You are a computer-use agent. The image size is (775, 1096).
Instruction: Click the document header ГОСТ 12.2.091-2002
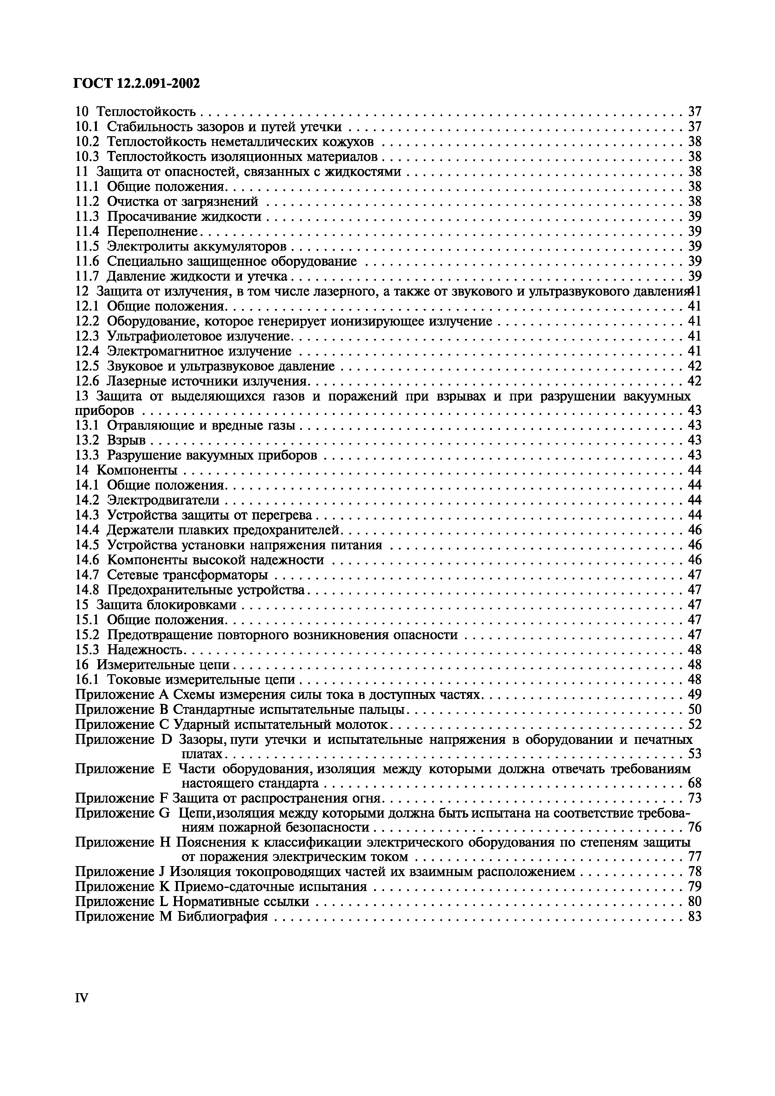[x=137, y=83]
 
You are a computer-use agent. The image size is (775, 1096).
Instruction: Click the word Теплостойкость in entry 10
[x=146, y=112]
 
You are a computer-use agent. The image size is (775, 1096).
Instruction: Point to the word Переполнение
[x=152, y=232]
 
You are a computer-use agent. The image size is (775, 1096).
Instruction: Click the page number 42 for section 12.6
[x=694, y=381]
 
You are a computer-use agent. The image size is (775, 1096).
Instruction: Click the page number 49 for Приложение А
[x=694, y=695]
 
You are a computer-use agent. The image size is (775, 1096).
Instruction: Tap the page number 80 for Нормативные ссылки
[x=694, y=901]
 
